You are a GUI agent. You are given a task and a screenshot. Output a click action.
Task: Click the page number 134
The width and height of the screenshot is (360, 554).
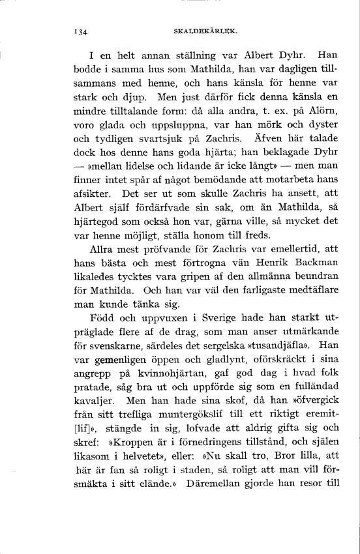[x=81, y=31]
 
